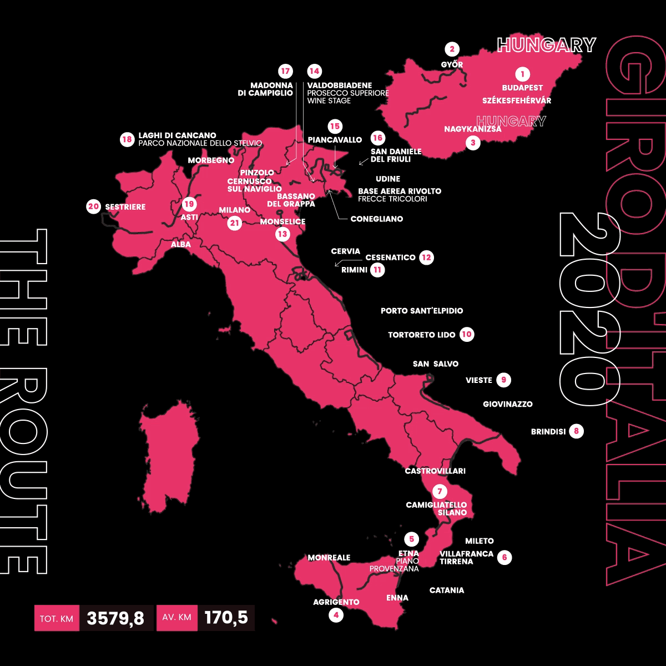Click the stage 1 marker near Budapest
point(522,73)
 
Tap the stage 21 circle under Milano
point(234,223)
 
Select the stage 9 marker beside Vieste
point(504,380)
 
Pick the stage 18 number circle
point(127,139)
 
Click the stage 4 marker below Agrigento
point(336,615)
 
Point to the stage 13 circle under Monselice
point(282,234)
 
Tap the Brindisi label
point(548,431)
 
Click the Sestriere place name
point(125,207)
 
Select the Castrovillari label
point(435,471)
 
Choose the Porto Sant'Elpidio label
point(422,311)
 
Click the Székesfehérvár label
point(517,100)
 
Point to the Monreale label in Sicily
point(329,558)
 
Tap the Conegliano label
point(377,219)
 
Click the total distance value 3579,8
point(116,618)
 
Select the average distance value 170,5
point(226,618)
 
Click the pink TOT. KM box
point(57,618)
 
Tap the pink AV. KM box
point(177,618)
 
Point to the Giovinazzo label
point(507,404)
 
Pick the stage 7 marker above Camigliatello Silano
point(440,492)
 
